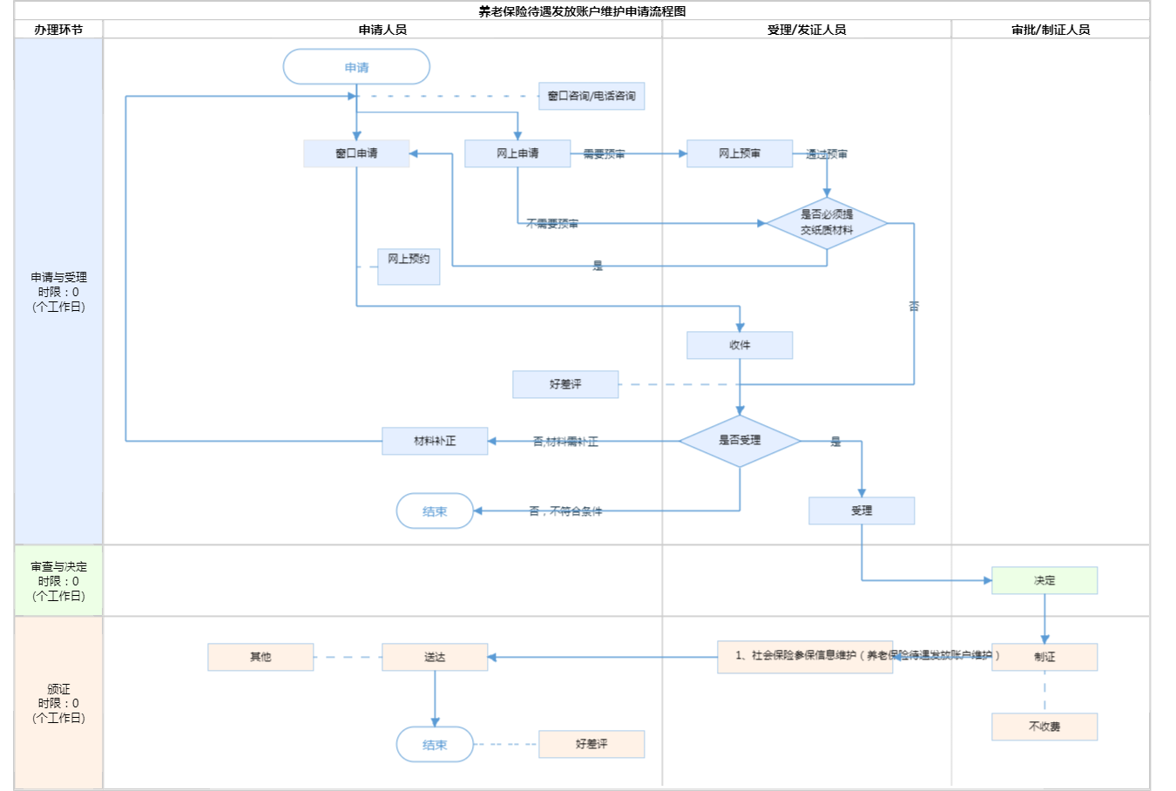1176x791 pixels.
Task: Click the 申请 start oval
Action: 356,67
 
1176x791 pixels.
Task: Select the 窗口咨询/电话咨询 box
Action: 591,96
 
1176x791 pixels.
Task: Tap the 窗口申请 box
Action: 356,153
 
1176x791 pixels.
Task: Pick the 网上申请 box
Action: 517,153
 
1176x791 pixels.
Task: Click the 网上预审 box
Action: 740,153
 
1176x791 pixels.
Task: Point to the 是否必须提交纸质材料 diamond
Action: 827,223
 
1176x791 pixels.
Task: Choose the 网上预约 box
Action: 409,266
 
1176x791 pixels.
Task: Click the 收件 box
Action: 740,345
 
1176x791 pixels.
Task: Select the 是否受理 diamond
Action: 740,441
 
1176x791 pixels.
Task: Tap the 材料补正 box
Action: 435,441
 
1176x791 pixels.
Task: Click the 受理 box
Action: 862,510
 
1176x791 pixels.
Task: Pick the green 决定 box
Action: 1044,580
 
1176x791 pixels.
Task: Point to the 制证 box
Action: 1044,657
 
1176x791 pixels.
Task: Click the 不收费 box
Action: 1044,727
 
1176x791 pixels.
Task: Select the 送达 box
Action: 435,657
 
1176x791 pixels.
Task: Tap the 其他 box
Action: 260,657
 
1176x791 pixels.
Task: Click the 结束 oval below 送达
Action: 435,745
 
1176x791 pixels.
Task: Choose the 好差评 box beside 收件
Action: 565,384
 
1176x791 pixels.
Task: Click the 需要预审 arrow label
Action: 604,154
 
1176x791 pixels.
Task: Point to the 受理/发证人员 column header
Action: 807,30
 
